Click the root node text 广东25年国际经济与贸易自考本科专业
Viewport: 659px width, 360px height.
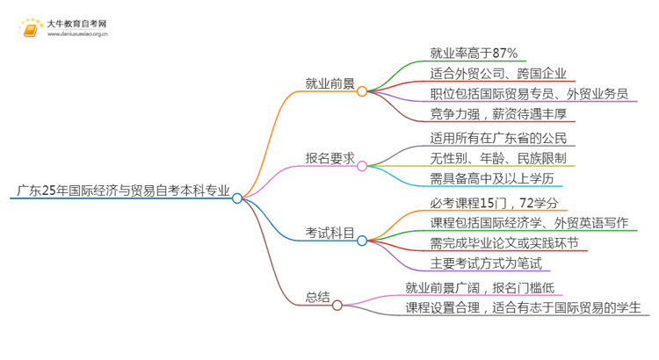coord(121,190)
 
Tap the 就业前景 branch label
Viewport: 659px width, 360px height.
coord(329,85)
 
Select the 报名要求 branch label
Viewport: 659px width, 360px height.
coord(329,159)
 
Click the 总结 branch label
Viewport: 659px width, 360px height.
coord(317,297)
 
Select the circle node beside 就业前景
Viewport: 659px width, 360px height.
coord(362,90)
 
